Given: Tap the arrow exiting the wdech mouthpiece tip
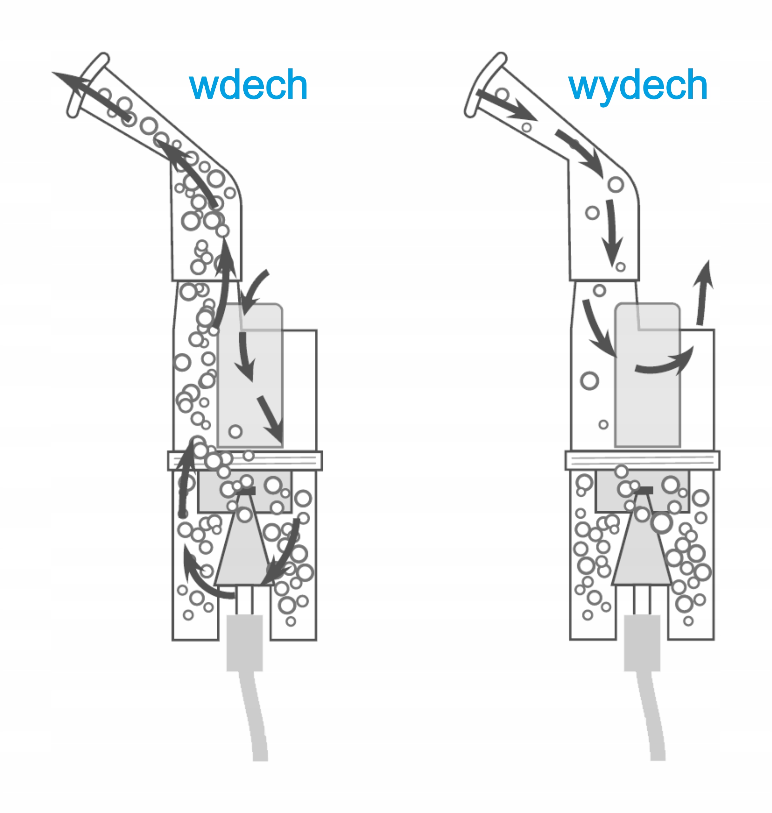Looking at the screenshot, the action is coord(90,94).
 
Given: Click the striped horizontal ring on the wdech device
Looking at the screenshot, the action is coord(245,460).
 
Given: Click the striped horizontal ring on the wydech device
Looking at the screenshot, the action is coord(642,460).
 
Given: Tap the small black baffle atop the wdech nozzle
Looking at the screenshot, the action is coord(247,491).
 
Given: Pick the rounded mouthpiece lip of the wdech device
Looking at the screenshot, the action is coord(88,85).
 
